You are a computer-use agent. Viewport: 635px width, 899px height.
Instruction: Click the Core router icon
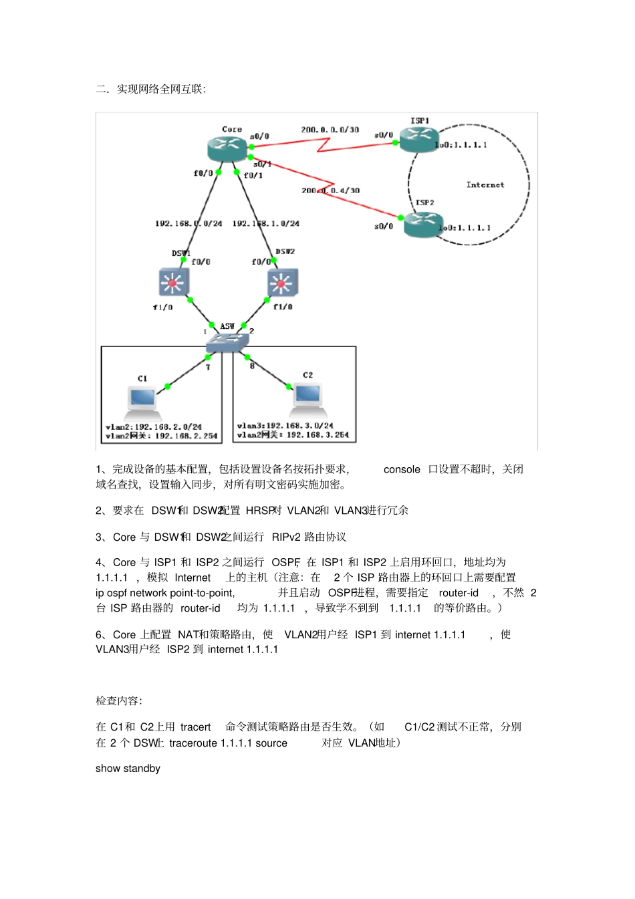(x=228, y=148)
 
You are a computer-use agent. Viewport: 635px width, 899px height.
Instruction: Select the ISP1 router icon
(x=418, y=138)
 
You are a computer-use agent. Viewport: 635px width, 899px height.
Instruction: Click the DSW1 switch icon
(x=174, y=282)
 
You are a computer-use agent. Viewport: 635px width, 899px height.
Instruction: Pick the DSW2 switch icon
(x=282, y=283)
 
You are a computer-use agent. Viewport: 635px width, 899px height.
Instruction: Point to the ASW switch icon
(x=227, y=342)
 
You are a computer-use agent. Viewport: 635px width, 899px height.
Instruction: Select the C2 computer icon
(x=307, y=396)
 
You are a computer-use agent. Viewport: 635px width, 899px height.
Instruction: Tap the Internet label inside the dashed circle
(x=485, y=184)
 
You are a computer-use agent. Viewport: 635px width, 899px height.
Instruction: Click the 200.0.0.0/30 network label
(x=330, y=130)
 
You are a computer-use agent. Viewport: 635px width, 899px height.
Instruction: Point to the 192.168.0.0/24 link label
(x=188, y=223)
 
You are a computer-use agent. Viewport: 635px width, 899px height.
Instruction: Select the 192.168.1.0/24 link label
(x=266, y=223)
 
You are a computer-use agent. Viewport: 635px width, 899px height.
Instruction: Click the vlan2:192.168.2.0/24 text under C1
(x=153, y=426)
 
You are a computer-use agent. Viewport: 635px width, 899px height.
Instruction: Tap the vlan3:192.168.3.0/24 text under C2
(x=285, y=425)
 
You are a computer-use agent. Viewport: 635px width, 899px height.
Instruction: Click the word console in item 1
(x=402, y=469)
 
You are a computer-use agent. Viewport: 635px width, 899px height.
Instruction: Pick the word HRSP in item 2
(x=260, y=511)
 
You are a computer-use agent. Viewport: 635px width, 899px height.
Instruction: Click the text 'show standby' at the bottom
(x=128, y=769)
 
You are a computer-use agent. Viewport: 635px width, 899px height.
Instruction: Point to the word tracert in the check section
(x=195, y=727)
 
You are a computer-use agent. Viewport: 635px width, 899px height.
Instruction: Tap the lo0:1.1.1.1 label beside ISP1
(x=461, y=145)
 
